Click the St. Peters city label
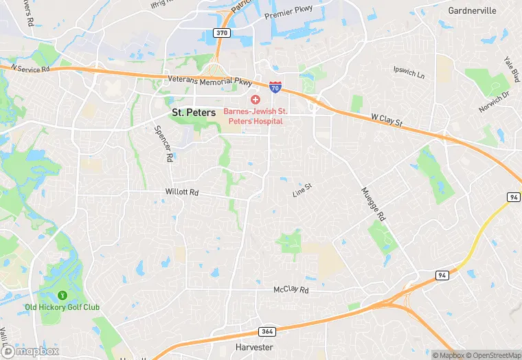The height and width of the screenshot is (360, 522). point(193,111)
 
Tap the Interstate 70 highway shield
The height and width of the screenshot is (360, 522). point(275,87)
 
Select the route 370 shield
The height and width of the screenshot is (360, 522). point(221,32)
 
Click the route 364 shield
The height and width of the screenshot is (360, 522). point(266,331)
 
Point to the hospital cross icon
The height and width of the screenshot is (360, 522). point(255,100)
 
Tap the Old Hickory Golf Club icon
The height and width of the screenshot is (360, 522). point(63,295)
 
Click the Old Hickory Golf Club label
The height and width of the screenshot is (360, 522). point(62,306)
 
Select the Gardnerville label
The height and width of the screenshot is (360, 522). point(471,11)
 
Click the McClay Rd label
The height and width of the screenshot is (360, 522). point(291,291)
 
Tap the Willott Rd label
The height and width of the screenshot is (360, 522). point(181,193)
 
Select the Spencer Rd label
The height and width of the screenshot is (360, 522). point(163,143)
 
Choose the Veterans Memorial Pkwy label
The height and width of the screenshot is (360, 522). point(210,80)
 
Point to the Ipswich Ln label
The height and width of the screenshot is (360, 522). point(409,71)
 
